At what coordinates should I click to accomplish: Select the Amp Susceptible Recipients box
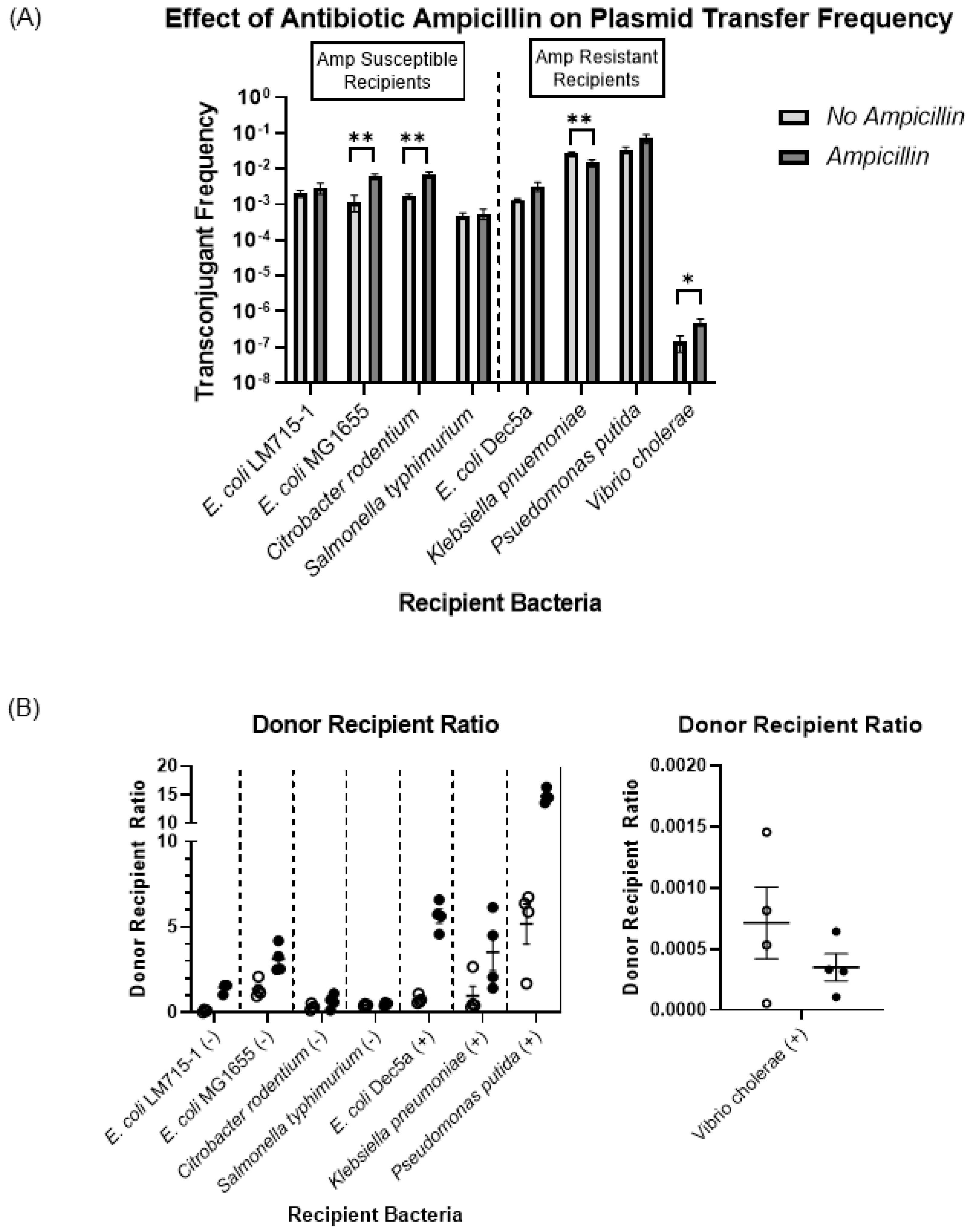click(388, 70)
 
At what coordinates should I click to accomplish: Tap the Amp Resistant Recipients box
click(597, 68)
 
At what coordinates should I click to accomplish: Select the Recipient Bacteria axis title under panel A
click(500, 603)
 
